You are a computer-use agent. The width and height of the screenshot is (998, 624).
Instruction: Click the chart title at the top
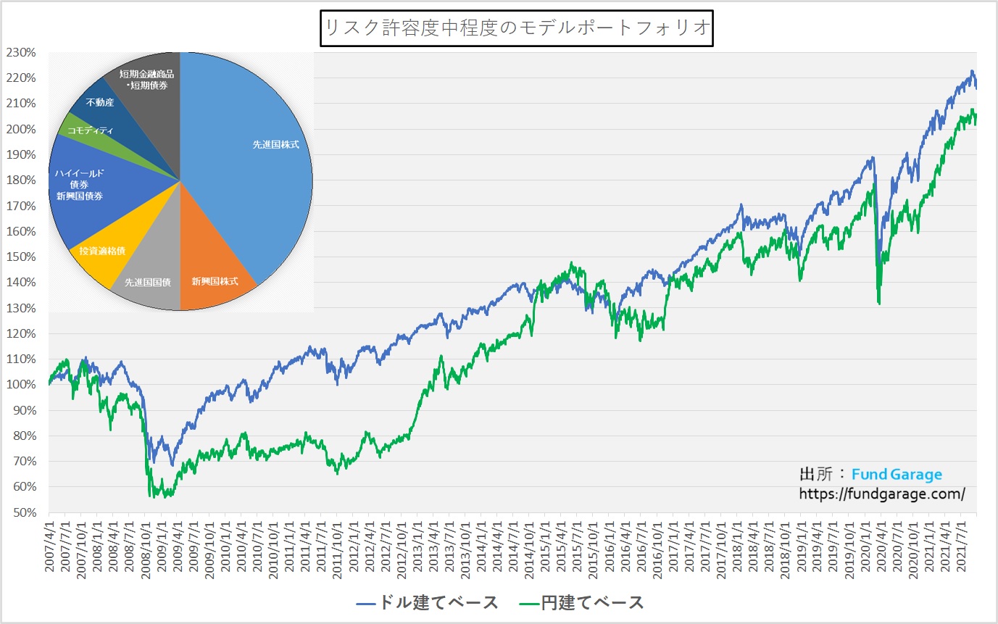pyautogui.click(x=517, y=29)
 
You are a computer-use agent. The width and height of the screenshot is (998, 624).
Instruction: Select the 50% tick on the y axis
pyautogui.click(x=23, y=512)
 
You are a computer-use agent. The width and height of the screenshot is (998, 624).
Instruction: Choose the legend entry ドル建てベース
pyautogui.click(x=428, y=602)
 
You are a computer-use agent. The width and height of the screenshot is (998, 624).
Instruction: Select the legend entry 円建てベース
pyautogui.click(x=582, y=602)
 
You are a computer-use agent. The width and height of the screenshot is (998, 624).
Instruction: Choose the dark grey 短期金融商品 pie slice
pyautogui.click(x=149, y=80)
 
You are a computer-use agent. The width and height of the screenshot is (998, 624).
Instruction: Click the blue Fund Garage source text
pyautogui.click(x=897, y=475)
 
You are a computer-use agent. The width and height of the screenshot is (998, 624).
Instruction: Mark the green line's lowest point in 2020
pyautogui.click(x=879, y=304)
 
